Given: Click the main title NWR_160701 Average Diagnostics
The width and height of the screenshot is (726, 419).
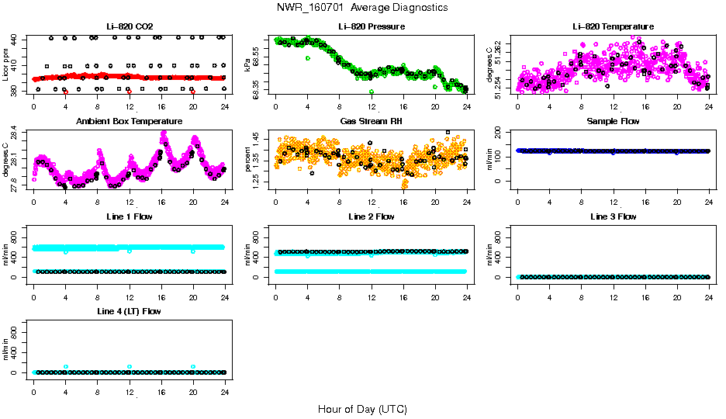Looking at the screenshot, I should [362, 8].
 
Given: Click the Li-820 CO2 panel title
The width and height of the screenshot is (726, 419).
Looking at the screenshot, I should [129, 27].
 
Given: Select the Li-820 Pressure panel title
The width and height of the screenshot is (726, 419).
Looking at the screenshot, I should [371, 27].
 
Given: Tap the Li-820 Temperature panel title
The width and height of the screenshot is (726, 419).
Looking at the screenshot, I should [613, 27].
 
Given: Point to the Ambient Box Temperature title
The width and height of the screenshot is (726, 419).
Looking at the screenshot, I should [129, 122].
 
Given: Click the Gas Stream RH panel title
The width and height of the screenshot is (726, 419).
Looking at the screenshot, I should [371, 122].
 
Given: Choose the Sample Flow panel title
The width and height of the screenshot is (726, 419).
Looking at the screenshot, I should [613, 122].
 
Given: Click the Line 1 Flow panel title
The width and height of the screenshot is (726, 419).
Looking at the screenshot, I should [129, 216].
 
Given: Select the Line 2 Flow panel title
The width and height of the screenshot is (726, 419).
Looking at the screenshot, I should [371, 216].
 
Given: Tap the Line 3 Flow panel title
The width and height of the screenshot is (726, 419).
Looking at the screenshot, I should [613, 216].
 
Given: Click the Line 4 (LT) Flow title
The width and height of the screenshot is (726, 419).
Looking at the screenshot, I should [129, 311].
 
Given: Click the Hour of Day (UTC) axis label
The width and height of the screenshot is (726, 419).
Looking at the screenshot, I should [362, 409].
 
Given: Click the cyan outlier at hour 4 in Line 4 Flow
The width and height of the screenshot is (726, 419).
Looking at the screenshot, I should [66, 366].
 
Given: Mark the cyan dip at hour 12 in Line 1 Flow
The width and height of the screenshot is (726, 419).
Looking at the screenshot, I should [130, 251].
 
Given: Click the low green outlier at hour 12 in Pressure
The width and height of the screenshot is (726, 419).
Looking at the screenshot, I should [372, 92].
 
